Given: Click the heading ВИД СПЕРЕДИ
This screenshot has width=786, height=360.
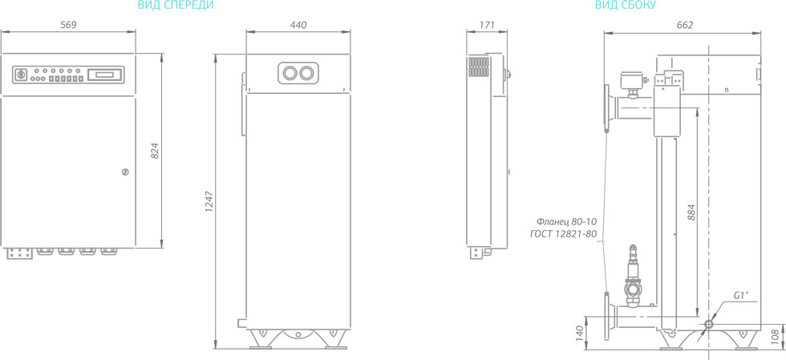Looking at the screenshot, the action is (176, 6).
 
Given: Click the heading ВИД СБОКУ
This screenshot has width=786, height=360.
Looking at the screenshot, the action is (625, 6).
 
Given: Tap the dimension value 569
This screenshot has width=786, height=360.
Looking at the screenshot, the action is (68, 25).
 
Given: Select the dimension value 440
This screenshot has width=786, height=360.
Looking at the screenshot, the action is (298, 25).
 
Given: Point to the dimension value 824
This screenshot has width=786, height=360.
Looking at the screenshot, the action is (155, 151).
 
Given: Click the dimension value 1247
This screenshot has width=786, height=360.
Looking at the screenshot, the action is (209, 201).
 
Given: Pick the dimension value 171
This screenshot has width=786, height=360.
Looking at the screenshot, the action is (487, 25).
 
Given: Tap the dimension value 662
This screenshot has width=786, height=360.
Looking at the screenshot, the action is (684, 25).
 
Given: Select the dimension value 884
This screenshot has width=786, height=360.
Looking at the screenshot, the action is (691, 213).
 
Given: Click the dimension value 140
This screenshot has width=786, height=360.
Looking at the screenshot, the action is (579, 333).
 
